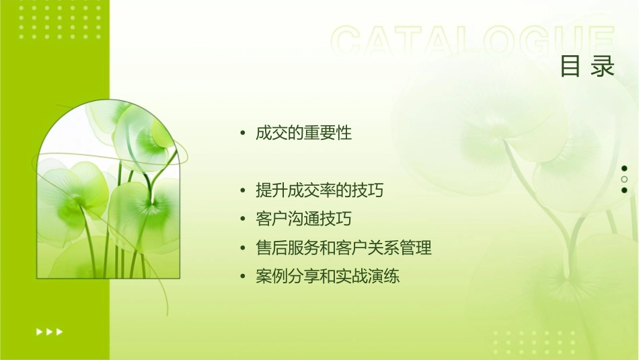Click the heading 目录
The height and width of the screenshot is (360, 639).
tap(587, 66)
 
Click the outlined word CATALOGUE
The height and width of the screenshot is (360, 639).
tap(473, 42)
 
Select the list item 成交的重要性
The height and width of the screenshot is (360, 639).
tap(303, 133)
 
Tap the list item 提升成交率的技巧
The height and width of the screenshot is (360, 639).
tap(319, 190)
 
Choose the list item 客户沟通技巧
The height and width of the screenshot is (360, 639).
tap(303, 219)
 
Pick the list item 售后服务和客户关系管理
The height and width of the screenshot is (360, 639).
tap(344, 248)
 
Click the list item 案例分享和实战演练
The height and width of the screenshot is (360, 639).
tap(328, 276)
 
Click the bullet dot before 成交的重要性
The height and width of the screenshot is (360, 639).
tap(243, 133)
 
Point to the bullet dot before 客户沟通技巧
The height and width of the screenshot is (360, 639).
tap(243, 219)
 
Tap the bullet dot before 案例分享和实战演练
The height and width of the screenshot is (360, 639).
tap(243, 277)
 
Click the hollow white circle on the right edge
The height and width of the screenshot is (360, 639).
tap(624, 179)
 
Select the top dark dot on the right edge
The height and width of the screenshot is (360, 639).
tap(624, 168)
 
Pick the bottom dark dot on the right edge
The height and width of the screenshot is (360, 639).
tap(624, 190)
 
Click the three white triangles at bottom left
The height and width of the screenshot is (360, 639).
tap(49, 332)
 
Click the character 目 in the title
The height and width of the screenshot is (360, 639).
tap(570, 66)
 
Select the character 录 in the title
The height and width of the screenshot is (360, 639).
tap(603, 66)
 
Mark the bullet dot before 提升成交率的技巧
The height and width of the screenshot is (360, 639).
tap(243, 191)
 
